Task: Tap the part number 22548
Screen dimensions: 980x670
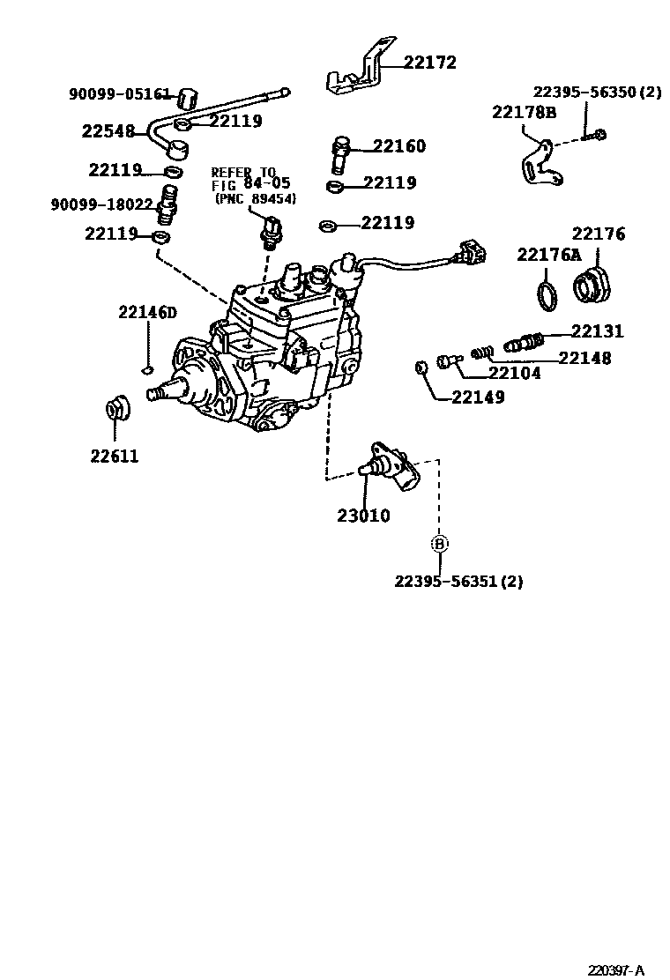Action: tap(108, 131)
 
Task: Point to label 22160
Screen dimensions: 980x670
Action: tap(398, 146)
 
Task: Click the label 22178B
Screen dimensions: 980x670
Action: tap(524, 112)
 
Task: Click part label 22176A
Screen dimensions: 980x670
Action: tap(549, 255)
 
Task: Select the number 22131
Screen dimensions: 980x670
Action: tap(597, 331)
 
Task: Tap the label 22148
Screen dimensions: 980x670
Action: tap(584, 358)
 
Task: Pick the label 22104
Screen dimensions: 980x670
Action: tap(515, 373)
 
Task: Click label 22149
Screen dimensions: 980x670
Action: tap(478, 397)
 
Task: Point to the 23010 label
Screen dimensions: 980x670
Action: tap(363, 516)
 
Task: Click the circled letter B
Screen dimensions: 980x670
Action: tap(439, 544)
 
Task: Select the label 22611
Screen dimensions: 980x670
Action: tap(114, 457)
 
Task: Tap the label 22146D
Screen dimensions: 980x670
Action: tap(148, 312)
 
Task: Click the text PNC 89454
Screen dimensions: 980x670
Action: tap(257, 199)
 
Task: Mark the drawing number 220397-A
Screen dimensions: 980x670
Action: tap(618, 970)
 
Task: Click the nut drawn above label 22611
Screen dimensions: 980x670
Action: tap(115, 409)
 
